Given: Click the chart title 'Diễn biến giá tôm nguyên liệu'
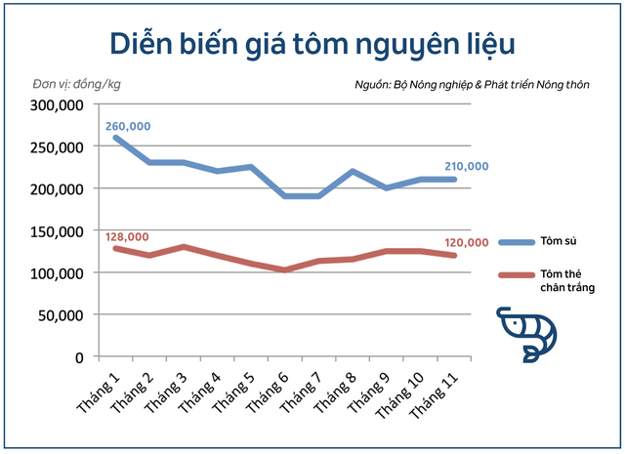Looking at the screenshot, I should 312,43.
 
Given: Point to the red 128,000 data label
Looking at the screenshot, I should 126,236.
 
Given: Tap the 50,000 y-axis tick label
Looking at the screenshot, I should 61,315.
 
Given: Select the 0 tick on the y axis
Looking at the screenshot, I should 80,357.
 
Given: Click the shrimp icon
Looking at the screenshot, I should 526,332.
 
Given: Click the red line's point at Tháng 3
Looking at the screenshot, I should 185,247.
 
